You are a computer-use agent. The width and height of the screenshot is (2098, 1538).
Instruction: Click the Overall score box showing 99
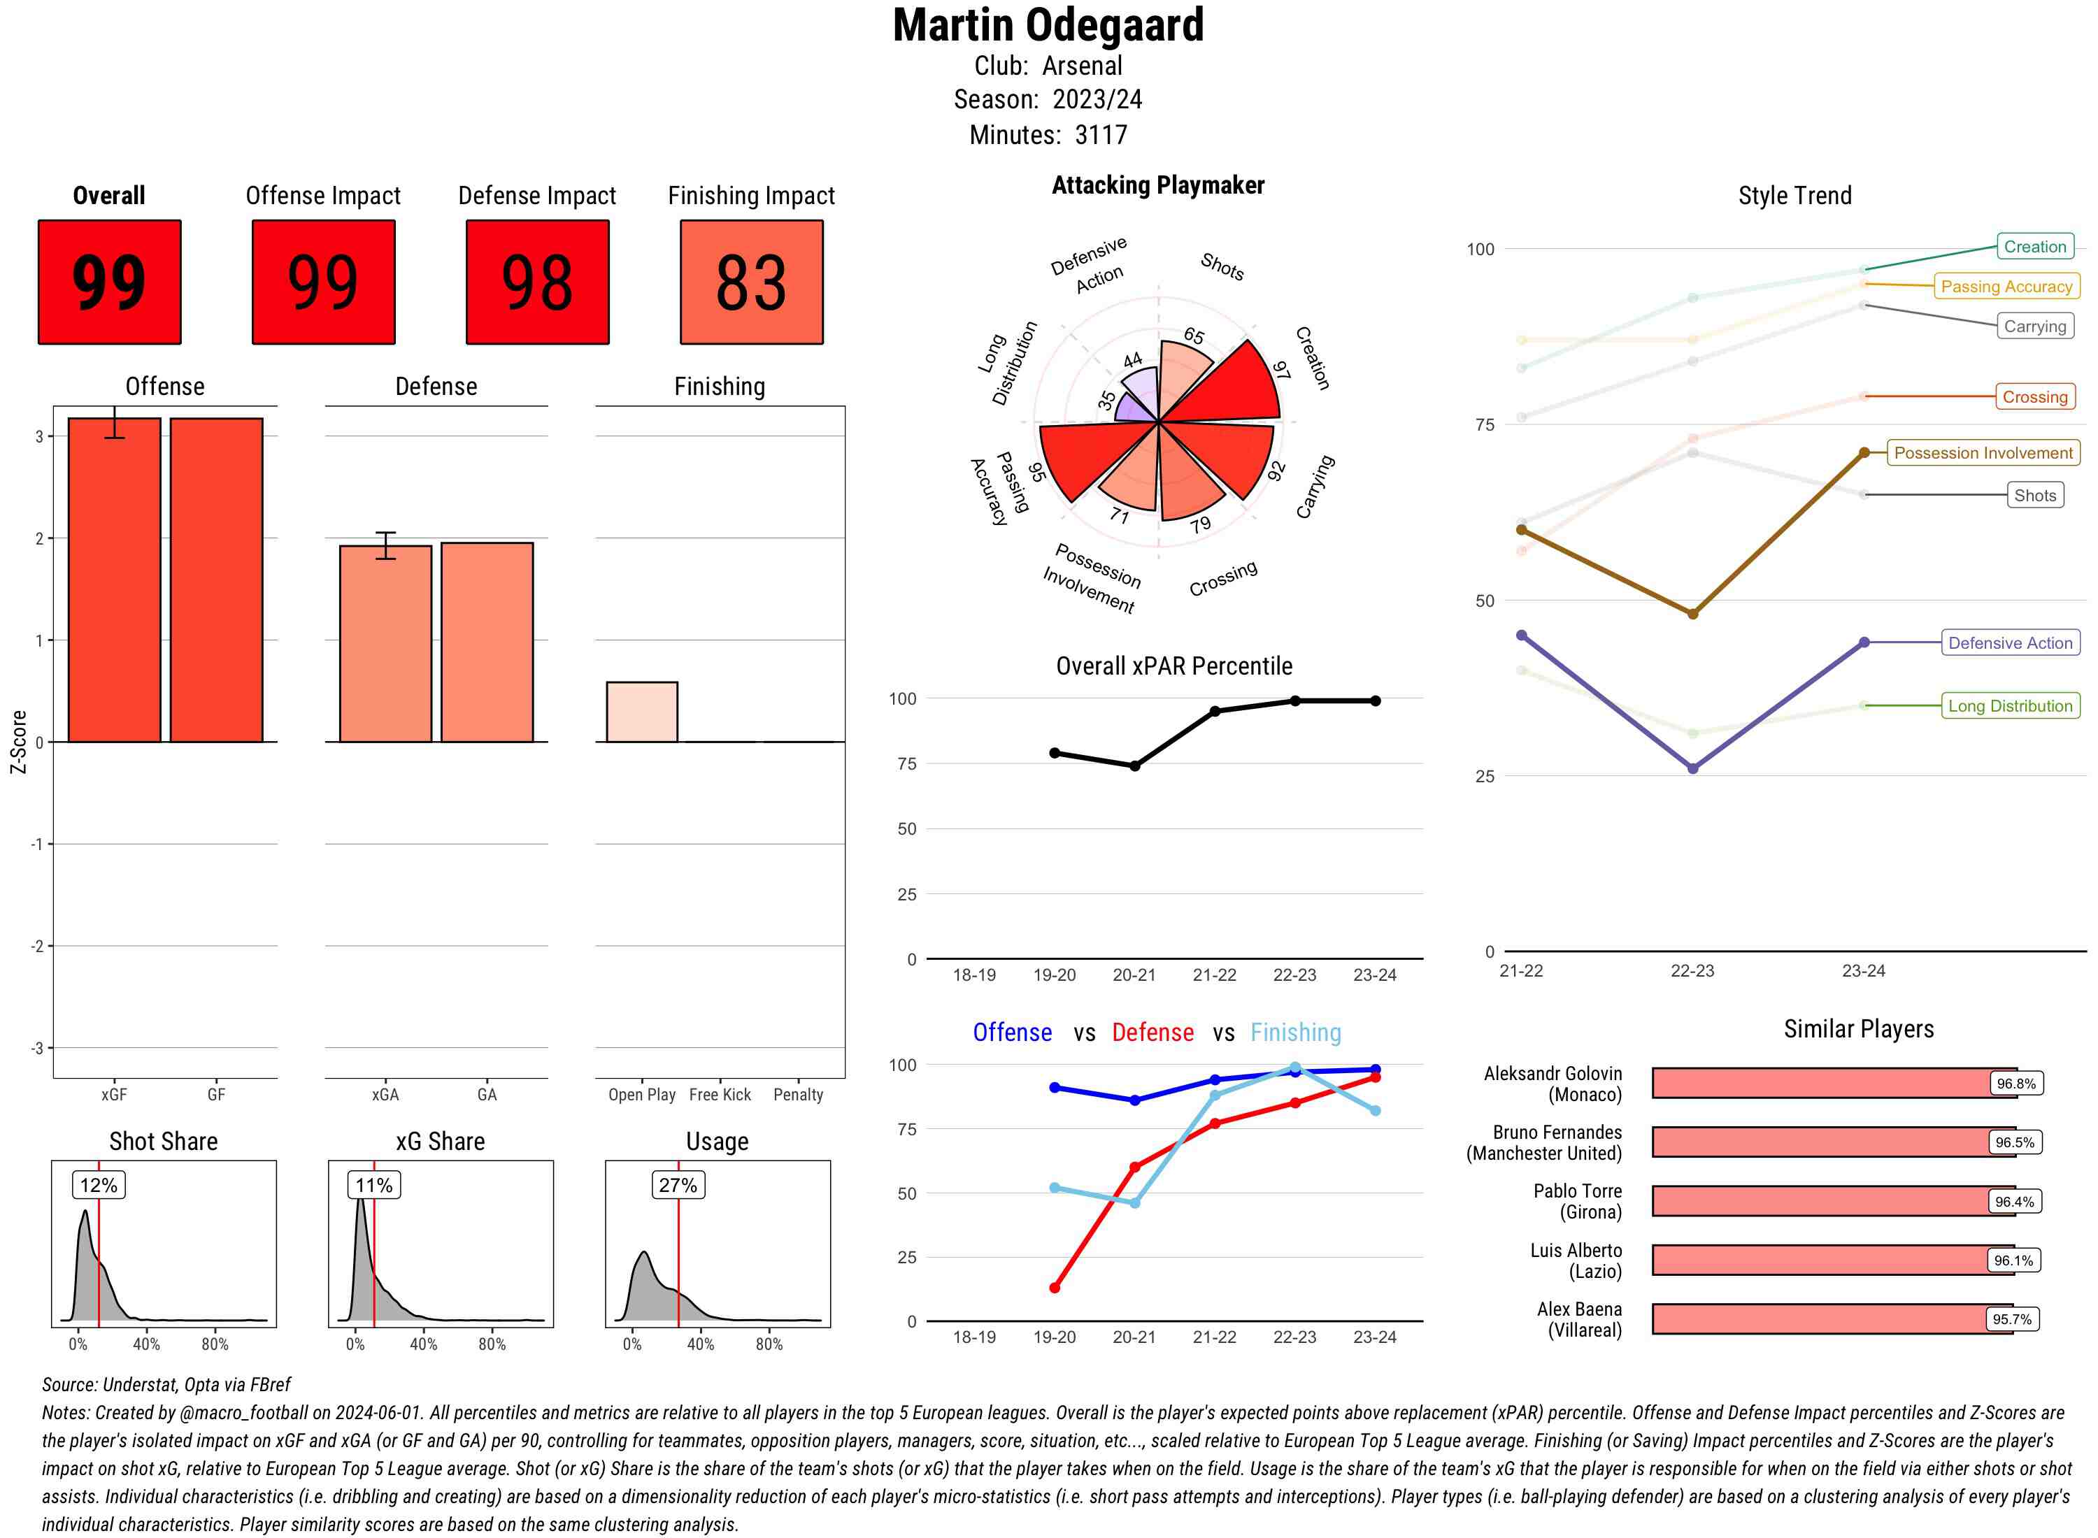pyautogui.click(x=109, y=282)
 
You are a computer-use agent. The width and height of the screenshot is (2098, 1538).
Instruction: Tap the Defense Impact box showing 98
pyautogui.click(x=537, y=282)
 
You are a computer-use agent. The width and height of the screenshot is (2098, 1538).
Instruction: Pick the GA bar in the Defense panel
pyautogui.click(x=487, y=642)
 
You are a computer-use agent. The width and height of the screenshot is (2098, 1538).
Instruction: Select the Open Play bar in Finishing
pyautogui.click(x=641, y=712)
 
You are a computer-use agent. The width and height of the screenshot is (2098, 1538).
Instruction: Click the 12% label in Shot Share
pyautogui.click(x=99, y=1185)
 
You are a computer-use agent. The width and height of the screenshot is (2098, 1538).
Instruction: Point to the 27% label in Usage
pyautogui.click(x=678, y=1185)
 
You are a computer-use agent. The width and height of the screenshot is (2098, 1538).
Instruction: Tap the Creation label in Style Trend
pyautogui.click(x=2034, y=247)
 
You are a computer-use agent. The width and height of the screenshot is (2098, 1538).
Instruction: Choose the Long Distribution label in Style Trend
pyautogui.click(x=2010, y=705)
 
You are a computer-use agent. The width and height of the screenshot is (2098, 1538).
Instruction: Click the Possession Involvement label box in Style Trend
pyautogui.click(x=1983, y=454)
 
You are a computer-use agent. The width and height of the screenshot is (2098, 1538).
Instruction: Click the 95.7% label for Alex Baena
pyautogui.click(x=2011, y=1319)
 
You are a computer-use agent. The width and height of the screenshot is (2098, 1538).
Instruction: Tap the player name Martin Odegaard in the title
pyautogui.click(x=1048, y=25)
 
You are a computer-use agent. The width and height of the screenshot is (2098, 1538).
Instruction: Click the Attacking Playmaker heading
pyautogui.click(x=1157, y=185)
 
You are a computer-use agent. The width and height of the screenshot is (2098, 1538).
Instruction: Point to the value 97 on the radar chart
pyautogui.click(x=1281, y=370)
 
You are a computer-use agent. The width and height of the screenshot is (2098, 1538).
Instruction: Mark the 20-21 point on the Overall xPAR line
pyautogui.click(x=1134, y=766)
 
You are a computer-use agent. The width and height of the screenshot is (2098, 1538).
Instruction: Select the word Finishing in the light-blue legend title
pyautogui.click(x=1295, y=1033)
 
